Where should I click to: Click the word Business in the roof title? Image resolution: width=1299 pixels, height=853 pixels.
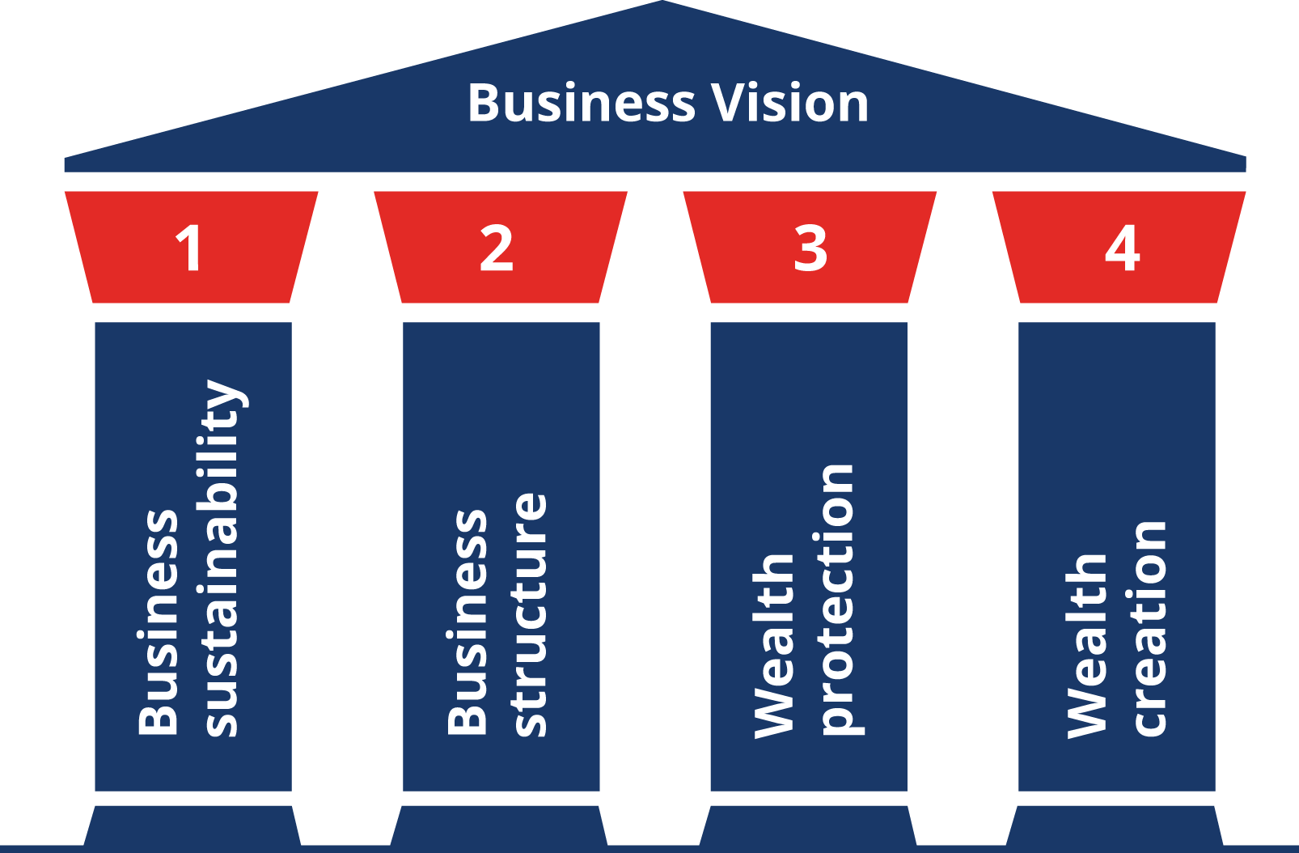click(581, 104)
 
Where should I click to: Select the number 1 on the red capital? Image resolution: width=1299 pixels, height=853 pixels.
click(190, 248)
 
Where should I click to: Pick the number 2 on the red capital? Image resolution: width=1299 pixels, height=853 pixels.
click(497, 248)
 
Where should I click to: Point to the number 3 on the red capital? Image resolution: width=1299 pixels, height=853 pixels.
click(810, 248)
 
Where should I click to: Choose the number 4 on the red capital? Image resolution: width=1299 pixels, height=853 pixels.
click(1122, 248)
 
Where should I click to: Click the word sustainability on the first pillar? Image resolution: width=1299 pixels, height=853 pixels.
click(222, 558)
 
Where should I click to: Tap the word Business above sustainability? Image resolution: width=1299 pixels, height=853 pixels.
click(158, 623)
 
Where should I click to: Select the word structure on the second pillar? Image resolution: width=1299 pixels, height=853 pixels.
click(530, 615)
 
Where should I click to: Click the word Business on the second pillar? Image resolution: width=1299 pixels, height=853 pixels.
click(467, 623)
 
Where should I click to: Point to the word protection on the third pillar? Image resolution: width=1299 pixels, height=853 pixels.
click(838, 599)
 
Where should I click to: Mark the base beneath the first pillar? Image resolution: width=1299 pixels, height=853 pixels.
click(193, 825)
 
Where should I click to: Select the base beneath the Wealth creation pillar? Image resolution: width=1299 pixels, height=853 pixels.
click(1115, 825)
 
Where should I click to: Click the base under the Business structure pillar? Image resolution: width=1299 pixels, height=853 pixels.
click(499, 825)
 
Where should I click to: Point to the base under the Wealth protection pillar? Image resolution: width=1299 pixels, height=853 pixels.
click(808, 825)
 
